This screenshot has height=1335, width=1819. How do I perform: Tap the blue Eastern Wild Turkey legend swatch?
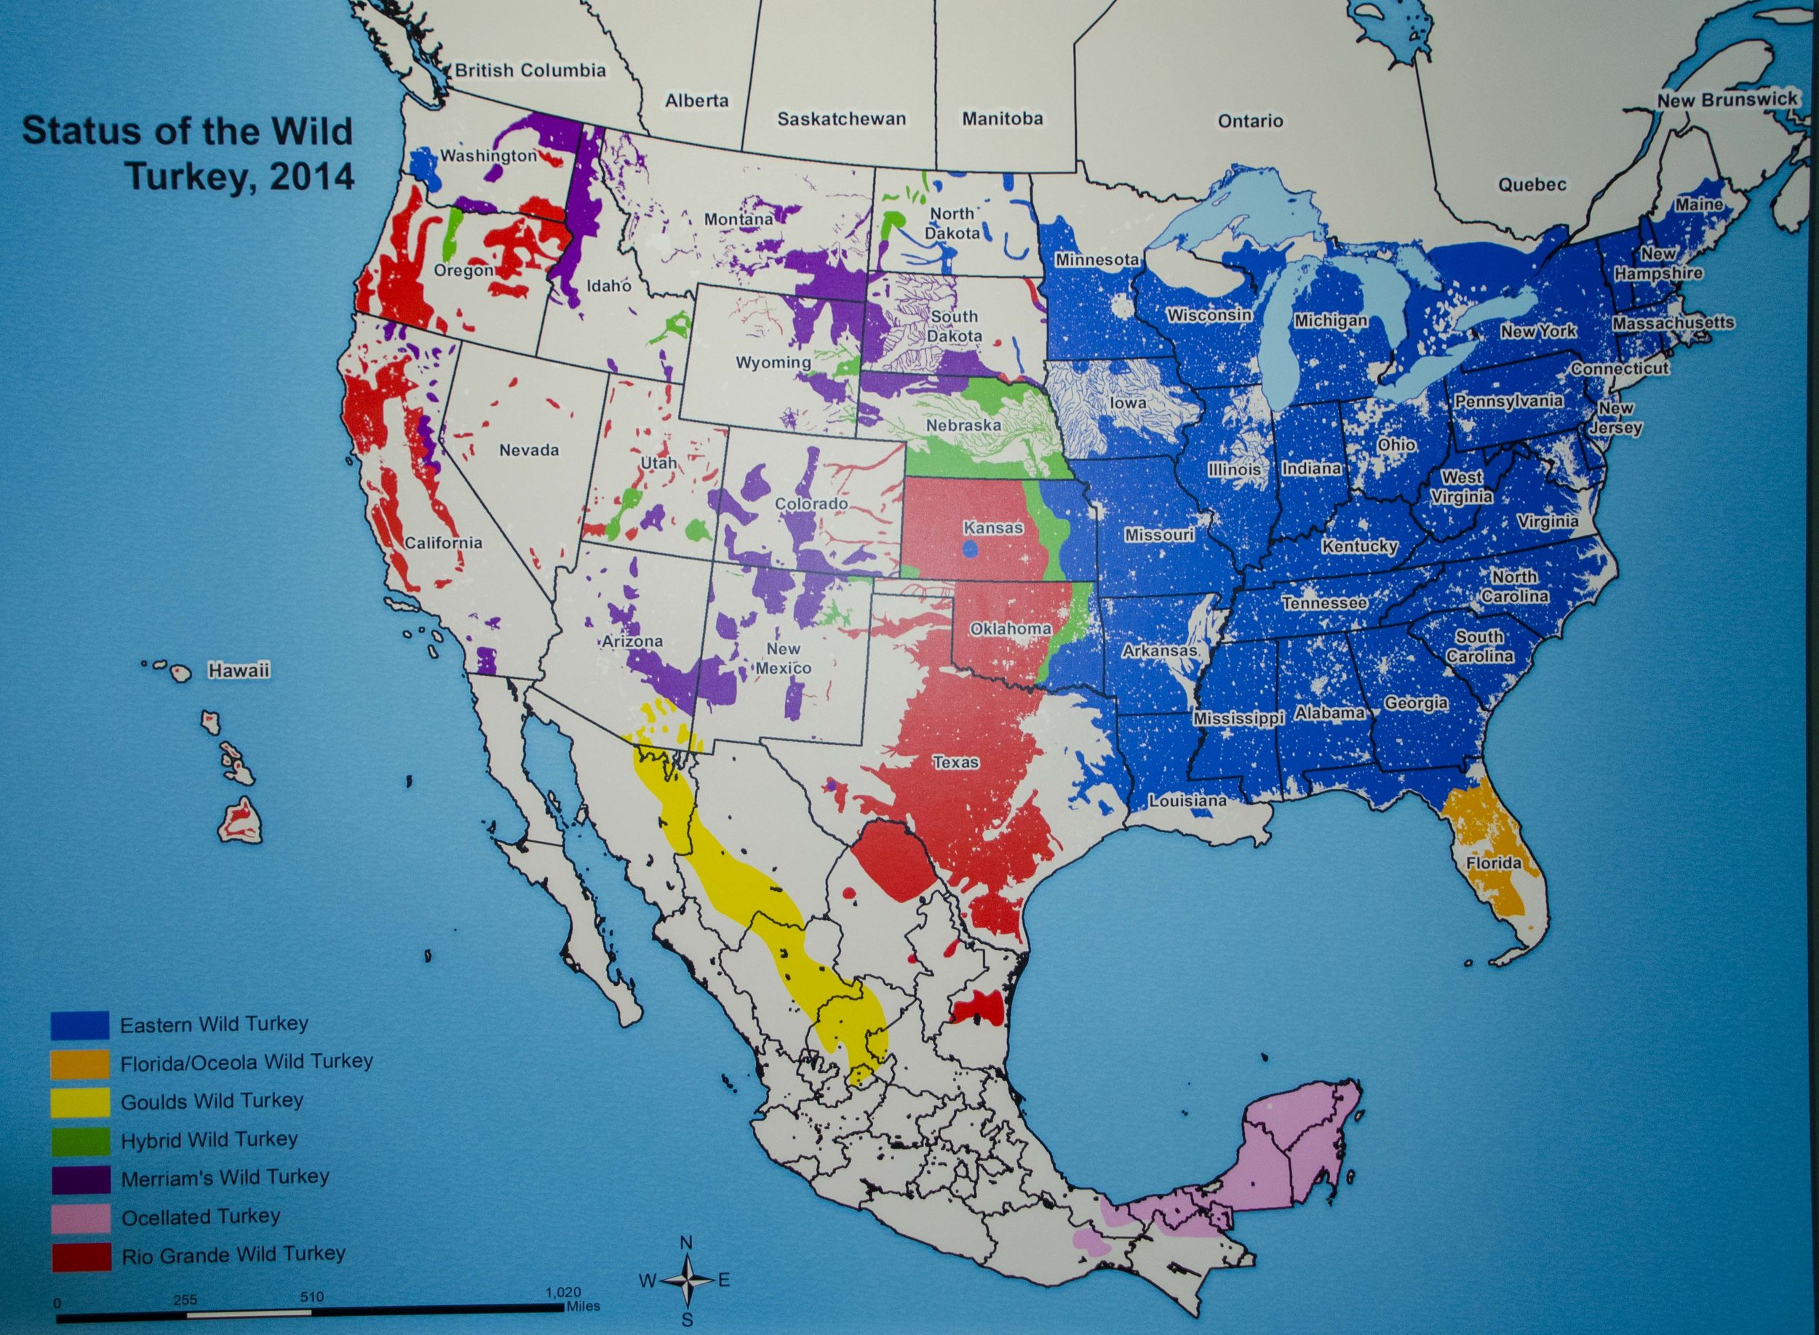coord(80,1024)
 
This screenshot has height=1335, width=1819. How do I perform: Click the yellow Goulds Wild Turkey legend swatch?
coord(80,1101)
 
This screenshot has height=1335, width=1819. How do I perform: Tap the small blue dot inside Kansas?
coord(971,549)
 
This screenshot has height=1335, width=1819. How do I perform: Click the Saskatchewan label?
coord(841,119)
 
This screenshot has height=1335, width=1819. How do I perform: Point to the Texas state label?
coord(955,761)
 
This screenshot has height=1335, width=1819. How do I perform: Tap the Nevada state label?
coord(528,450)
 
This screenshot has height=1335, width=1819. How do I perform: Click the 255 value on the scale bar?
coord(185,1300)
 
